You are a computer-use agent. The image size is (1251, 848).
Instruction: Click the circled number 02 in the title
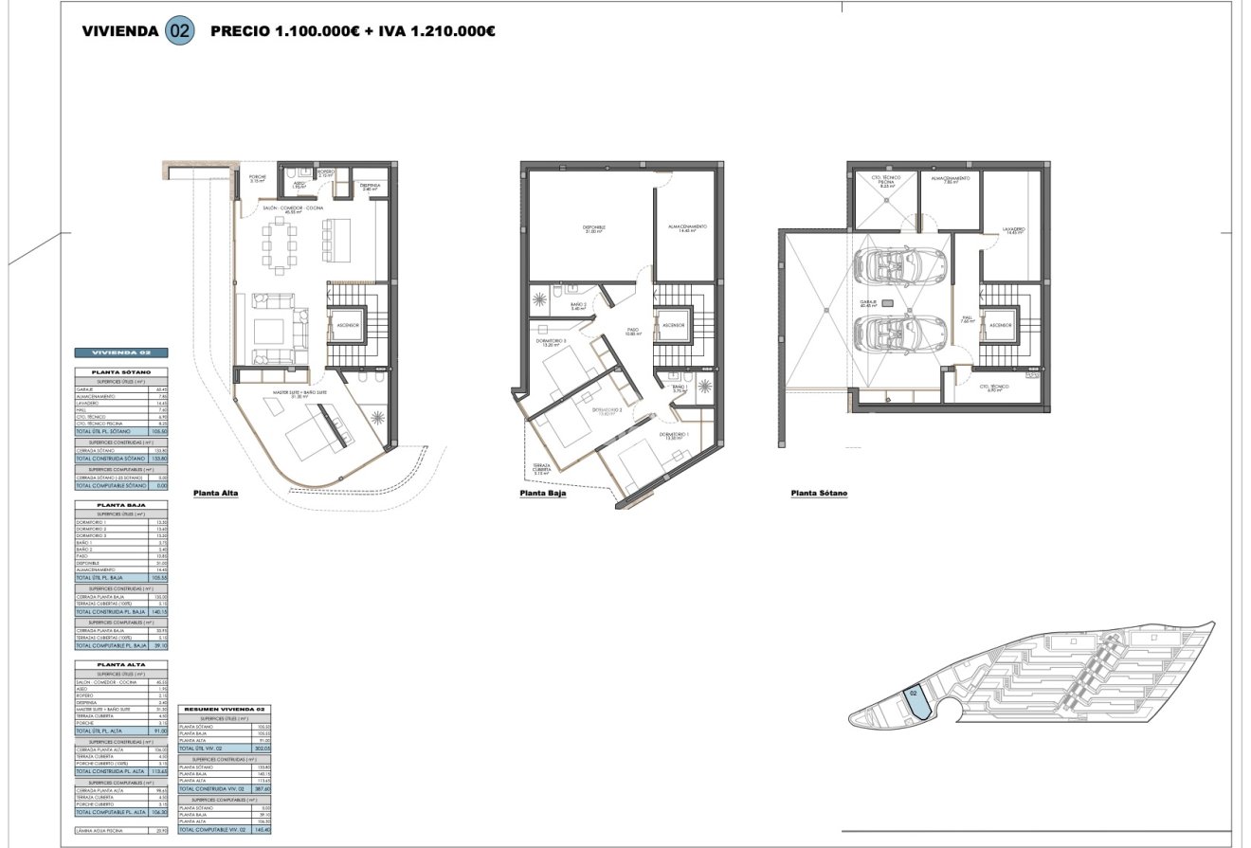coord(179,30)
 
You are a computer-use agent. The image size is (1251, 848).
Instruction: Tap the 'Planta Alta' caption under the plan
coord(215,494)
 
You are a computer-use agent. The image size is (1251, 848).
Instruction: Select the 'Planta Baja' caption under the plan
coord(542,494)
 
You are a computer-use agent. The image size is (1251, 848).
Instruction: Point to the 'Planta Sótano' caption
coord(819,494)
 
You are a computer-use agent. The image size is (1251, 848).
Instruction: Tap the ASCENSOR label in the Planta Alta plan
coord(347,325)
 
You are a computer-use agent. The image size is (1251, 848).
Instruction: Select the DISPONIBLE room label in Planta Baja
coord(593,228)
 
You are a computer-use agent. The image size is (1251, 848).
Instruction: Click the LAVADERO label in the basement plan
coord(1014,229)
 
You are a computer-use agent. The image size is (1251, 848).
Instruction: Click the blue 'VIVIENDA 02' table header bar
coord(120,352)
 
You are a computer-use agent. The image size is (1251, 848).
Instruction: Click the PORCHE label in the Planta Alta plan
coord(258,178)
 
